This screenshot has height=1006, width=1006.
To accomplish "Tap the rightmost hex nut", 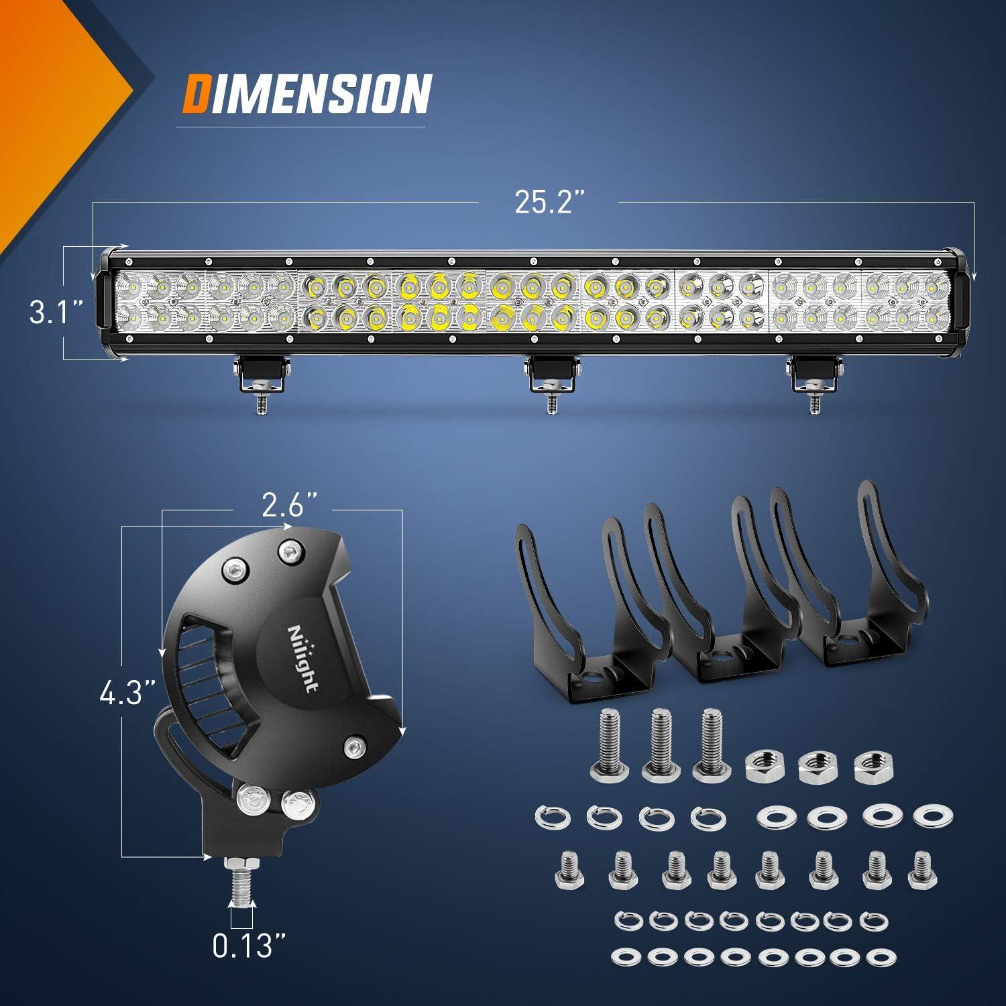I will click(x=870, y=763).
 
